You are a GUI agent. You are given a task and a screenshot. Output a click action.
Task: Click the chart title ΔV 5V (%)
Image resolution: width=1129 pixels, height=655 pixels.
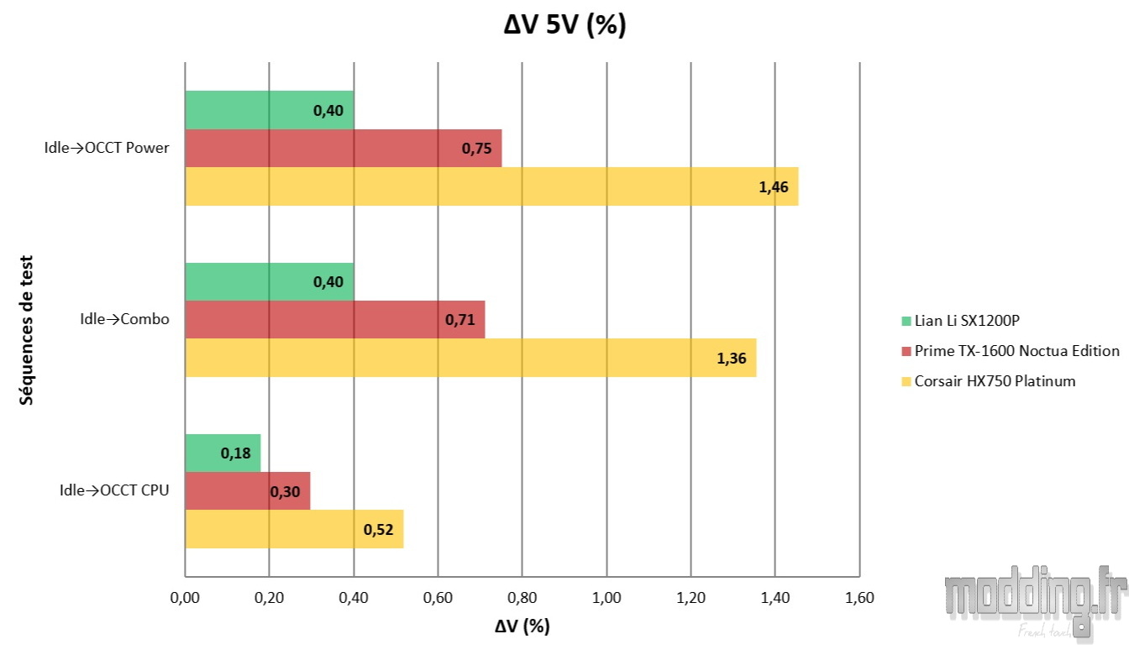tap(564, 26)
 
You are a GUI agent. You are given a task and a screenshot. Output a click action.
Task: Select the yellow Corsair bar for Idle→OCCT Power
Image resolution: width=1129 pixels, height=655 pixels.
tap(491, 186)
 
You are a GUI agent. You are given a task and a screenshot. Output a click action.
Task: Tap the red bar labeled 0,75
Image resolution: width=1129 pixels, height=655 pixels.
tap(343, 149)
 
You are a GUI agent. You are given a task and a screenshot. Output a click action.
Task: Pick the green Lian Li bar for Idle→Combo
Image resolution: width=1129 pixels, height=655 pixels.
tap(269, 281)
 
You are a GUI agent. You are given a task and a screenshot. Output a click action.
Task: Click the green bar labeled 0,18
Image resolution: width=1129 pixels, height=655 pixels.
tap(223, 453)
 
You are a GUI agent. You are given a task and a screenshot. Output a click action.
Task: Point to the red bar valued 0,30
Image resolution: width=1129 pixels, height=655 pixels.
tap(247, 491)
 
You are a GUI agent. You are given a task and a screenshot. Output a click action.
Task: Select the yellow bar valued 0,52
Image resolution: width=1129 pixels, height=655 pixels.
tap(293, 529)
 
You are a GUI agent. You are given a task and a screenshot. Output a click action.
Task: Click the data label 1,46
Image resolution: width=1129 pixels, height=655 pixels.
tap(773, 187)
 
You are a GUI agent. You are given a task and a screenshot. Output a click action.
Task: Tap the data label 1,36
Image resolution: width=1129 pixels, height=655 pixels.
tap(731, 359)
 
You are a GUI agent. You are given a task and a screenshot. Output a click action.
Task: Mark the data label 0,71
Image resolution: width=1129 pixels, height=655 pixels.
tap(459, 321)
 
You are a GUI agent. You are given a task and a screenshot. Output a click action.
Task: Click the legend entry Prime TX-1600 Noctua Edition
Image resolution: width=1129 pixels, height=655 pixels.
tap(1010, 351)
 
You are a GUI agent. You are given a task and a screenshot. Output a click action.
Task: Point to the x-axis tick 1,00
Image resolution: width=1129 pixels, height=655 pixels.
tap(607, 599)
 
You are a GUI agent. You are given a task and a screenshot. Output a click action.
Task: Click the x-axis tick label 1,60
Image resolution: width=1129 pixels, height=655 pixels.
tap(859, 599)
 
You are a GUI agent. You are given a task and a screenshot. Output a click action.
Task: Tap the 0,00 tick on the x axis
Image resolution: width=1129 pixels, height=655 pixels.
tap(185, 599)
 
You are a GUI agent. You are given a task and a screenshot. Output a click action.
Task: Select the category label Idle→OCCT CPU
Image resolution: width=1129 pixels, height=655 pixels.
tap(114, 491)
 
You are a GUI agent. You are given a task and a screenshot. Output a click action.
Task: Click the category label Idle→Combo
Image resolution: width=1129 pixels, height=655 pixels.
tap(124, 319)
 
